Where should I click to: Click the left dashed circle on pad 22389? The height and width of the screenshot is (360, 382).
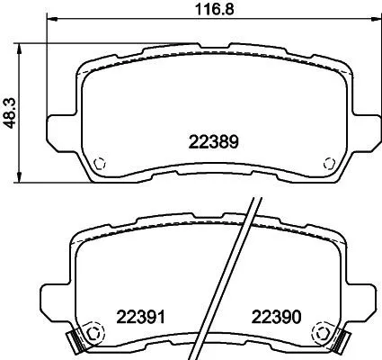(101, 164)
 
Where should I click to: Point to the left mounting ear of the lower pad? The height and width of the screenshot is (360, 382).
(54, 301)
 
